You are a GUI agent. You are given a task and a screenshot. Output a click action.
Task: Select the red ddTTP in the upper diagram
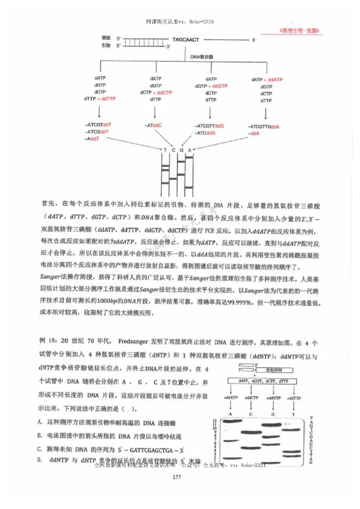[x=109, y=99]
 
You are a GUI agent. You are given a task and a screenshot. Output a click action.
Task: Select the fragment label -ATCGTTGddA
[x=265, y=126]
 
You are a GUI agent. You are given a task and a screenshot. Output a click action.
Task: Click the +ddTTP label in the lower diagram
[x=293, y=398]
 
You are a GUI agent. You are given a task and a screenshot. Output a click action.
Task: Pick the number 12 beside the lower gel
[x=215, y=419]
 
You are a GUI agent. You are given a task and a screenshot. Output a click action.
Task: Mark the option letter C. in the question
[x=40, y=448]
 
